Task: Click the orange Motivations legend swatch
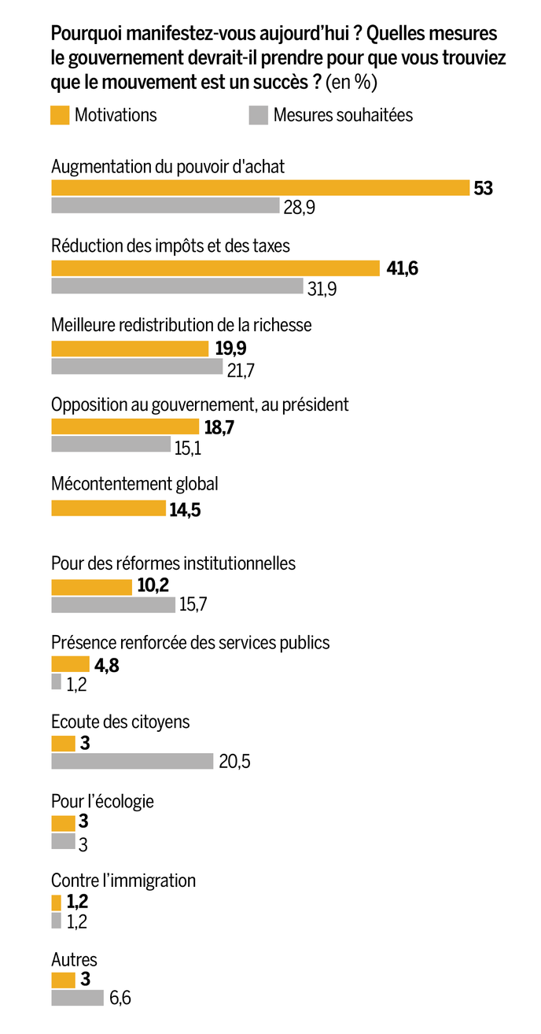pyautogui.click(x=60, y=115)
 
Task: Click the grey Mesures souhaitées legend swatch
pyautogui.click(x=258, y=115)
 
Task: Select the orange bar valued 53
pyautogui.click(x=260, y=187)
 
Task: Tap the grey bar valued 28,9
pyautogui.click(x=165, y=205)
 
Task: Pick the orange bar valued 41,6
pyautogui.click(x=215, y=268)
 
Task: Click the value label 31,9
pyautogui.click(x=322, y=289)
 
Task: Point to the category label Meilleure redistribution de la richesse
pyautogui.click(x=181, y=325)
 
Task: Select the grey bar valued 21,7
pyautogui.click(x=137, y=366)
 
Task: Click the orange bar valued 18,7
pyautogui.click(x=125, y=427)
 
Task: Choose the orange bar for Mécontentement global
pyautogui.click(x=109, y=508)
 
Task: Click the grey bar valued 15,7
pyautogui.click(x=113, y=604)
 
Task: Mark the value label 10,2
pyautogui.click(x=153, y=585)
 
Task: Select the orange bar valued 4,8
pyautogui.click(x=70, y=664)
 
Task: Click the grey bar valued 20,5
pyautogui.click(x=132, y=761)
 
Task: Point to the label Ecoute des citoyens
pyautogui.click(x=120, y=722)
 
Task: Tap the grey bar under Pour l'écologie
pyautogui.click(x=63, y=841)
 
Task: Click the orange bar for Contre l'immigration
pyautogui.click(x=56, y=902)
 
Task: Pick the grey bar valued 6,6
pyautogui.click(x=77, y=998)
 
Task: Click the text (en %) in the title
pyautogui.click(x=351, y=81)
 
